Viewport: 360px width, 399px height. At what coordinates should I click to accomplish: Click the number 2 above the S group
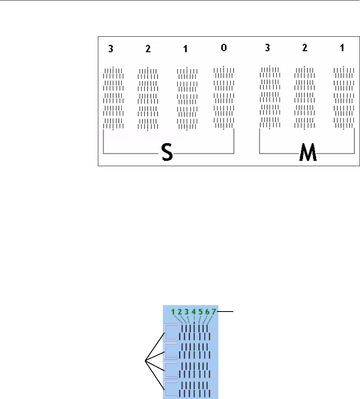[148, 49]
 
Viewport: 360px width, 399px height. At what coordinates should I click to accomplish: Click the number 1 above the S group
[185, 49]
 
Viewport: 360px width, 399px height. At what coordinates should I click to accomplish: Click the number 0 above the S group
[224, 48]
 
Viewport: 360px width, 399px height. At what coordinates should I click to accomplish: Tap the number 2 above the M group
[305, 48]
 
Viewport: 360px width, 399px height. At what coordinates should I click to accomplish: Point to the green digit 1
[173, 312]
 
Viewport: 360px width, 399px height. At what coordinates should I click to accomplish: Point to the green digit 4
[193, 312]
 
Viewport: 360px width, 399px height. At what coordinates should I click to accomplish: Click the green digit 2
[180, 312]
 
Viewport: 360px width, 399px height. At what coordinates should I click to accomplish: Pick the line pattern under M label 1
[344, 98]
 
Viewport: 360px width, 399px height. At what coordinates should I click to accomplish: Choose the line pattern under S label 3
[113, 98]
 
